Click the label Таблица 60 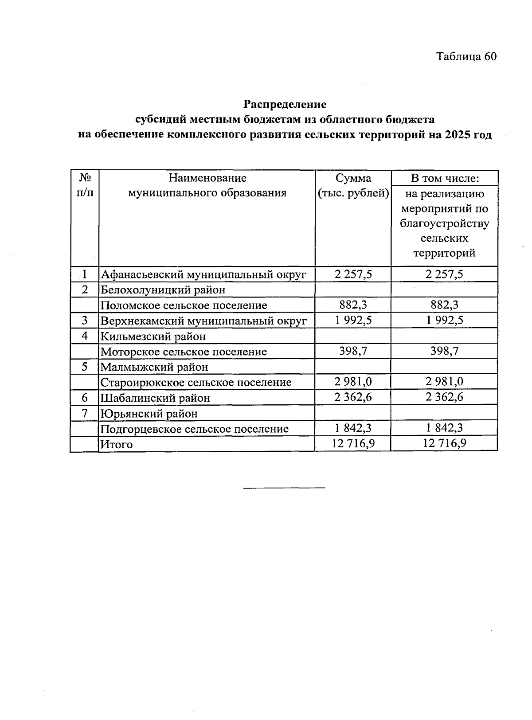click(x=466, y=57)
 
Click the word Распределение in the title click(x=285, y=105)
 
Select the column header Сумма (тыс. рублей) click(x=353, y=186)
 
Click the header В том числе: click(x=444, y=178)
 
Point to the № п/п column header click(x=84, y=186)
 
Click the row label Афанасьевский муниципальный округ click(x=203, y=274)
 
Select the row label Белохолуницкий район click(x=163, y=290)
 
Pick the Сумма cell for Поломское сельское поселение click(x=353, y=305)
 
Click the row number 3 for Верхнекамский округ click(x=84, y=321)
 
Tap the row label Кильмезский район click(x=153, y=336)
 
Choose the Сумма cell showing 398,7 click(x=353, y=352)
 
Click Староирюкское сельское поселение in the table click(x=196, y=382)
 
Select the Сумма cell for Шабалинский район click(x=353, y=397)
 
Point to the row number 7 click(x=84, y=413)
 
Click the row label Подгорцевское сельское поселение click(x=195, y=429)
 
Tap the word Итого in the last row click(x=117, y=444)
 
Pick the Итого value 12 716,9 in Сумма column click(x=353, y=444)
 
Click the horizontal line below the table click(x=284, y=488)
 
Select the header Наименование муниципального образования click(x=207, y=186)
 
